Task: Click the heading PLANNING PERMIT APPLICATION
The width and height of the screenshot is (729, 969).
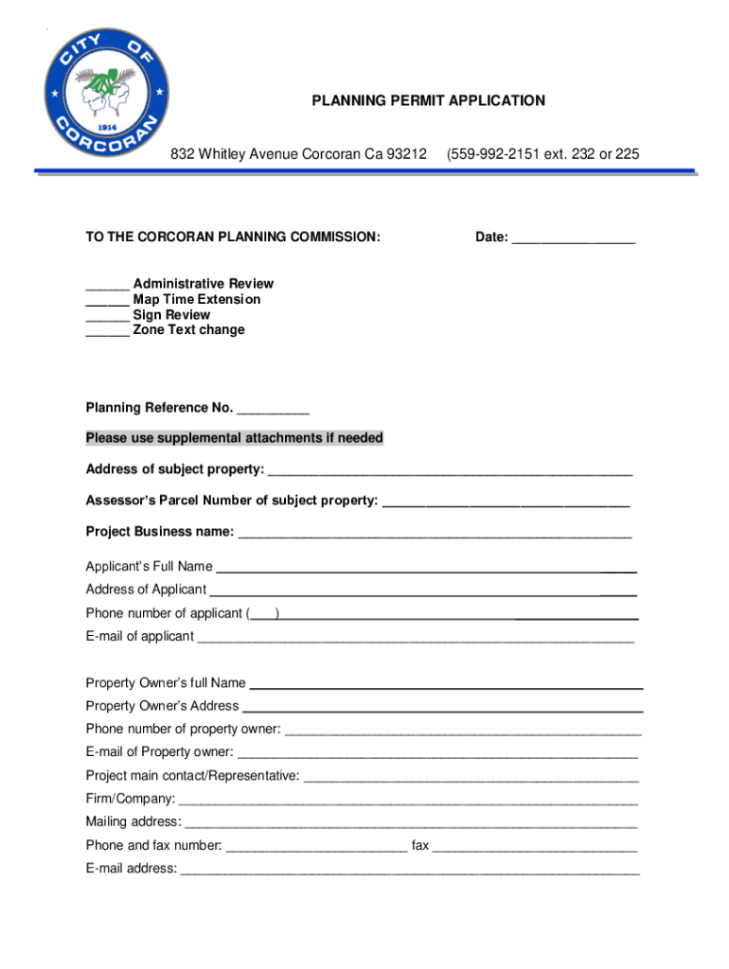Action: [429, 100]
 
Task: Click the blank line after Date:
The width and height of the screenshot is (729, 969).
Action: [573, 239]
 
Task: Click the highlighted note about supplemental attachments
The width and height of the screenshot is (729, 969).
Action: [235, 438]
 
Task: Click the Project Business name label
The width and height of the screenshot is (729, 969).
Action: [160, 532]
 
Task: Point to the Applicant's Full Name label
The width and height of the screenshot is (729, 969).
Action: [149, 567]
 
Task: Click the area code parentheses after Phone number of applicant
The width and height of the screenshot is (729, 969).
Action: [262, 613]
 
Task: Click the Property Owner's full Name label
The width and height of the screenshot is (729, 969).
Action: [166, 682]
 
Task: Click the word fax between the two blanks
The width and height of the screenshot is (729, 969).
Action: [419, 845]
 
